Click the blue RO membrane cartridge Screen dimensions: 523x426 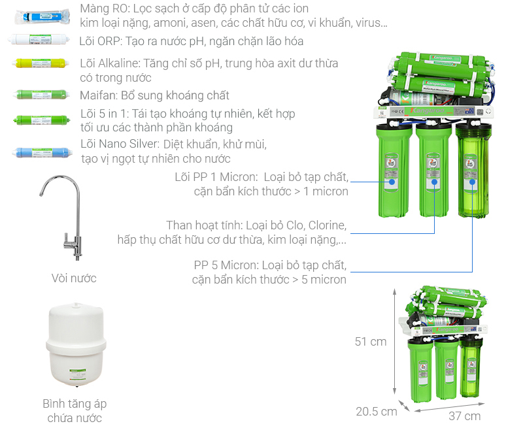(x=42, y=16)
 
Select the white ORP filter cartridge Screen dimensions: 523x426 (x=39, y=39)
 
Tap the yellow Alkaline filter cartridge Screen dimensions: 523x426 (x=41, y=63)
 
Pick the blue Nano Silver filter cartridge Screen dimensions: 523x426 (x=42, y=153)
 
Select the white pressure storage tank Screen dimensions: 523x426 (x=76, y=344)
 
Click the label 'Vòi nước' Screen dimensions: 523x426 (x=74, y=278)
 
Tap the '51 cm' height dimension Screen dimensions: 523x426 (x=371, y=342)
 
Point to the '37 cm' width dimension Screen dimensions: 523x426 (x=464, y=416)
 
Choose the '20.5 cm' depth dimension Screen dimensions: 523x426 (x=377, y=412)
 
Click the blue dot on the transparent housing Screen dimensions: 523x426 (x=472, y=182)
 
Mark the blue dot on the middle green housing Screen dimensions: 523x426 (x=434, y=182)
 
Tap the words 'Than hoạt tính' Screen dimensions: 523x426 (x=204, y=225)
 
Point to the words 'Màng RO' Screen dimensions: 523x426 (x=105, y=8)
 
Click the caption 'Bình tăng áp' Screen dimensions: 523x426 (x=75, y=404)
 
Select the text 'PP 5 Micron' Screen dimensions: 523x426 (x=226, y=265)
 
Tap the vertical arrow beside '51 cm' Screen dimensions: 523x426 (x=395, y=342)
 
